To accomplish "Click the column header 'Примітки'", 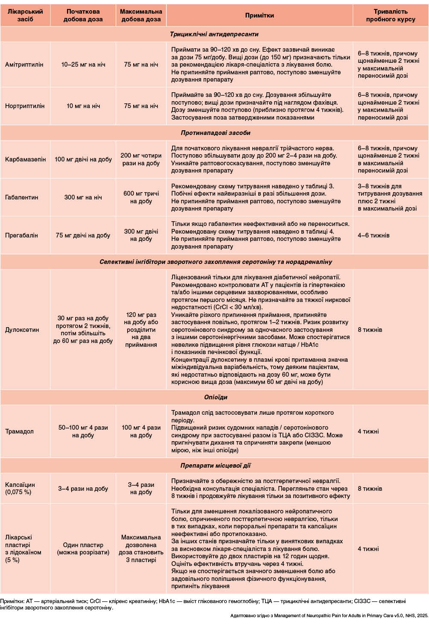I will tap(259, 15).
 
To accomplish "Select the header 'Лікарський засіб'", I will tap(25, 15).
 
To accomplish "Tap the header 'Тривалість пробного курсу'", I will tap(390, 15).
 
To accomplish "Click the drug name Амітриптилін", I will tap(24, 64).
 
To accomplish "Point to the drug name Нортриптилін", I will tap(25, 106).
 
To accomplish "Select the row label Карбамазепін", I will tap(25, 159).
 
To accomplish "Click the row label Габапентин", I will tap(21, 197).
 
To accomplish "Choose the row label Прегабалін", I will tap(22, 235).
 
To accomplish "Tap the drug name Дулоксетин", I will tap(22, 330).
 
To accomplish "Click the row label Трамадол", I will tap(19, 431).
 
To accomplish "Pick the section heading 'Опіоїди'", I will tap(216, 397).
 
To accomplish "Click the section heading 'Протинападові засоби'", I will tap(216, 133).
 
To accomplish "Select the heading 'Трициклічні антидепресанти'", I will tap(214, 34).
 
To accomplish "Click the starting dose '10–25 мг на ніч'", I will tap(83, 64).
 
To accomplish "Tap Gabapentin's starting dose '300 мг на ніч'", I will tap(83, 197).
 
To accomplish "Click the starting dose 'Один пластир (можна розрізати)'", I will tap(83, 548).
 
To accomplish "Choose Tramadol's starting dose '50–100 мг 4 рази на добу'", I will tap(83, 431).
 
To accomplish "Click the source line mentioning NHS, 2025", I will tap(329, 615).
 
